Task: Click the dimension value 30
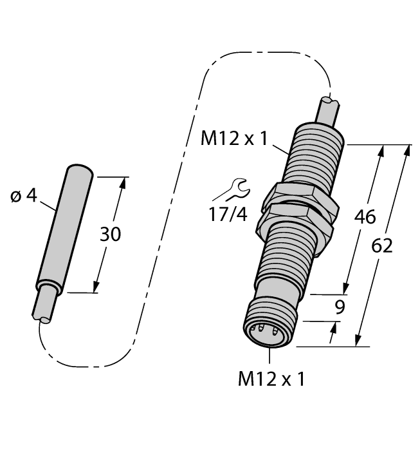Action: coord(109,235)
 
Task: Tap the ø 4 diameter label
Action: coord(24,195)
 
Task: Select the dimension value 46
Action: coord(365,217)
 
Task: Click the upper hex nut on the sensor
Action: coord(299,195)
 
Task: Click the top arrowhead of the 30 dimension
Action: coord(121,182)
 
